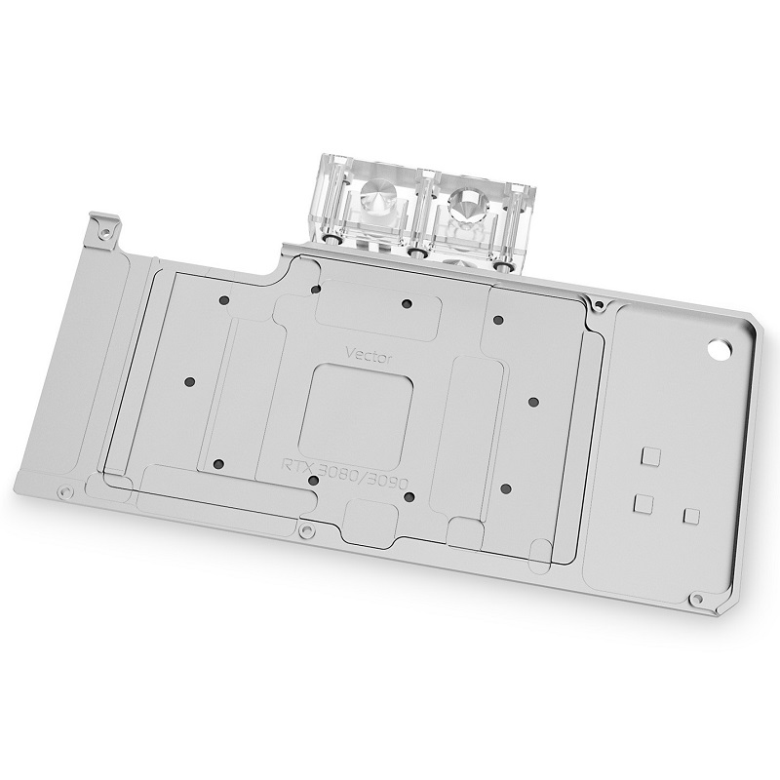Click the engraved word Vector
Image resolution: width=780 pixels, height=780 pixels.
[369, 355]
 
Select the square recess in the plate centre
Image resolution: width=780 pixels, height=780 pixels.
[356, 414]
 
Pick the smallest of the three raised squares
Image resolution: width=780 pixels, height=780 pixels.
[692, 516]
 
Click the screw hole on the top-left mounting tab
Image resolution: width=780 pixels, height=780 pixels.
[105, 231]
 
